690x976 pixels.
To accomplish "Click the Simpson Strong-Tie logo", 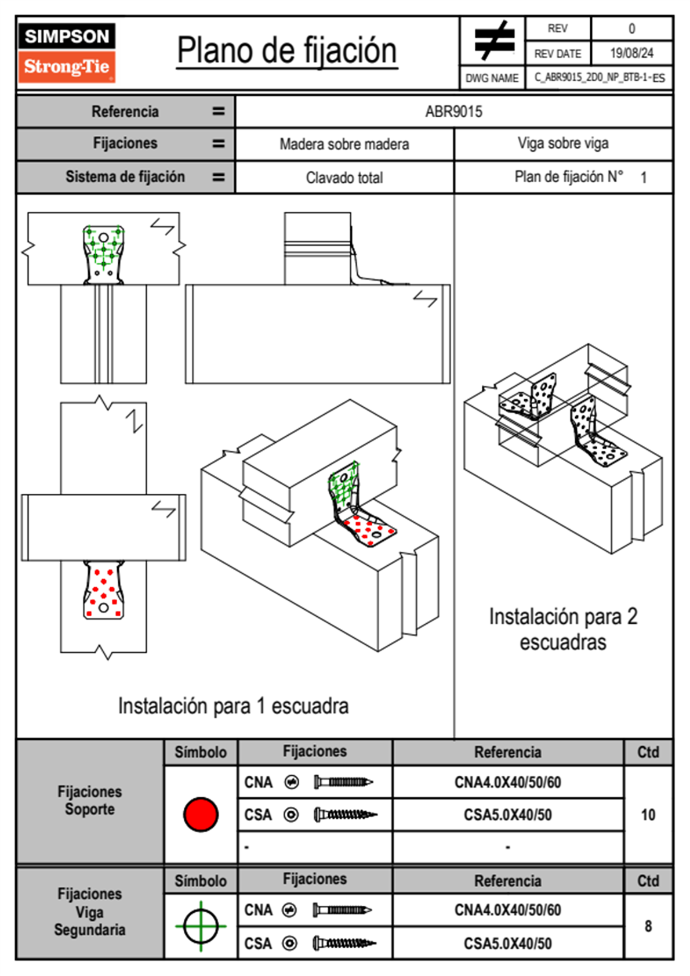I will click(67, 53).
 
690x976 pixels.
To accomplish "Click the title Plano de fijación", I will click(287, 51).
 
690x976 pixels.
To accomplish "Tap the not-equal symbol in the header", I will click(493, 41).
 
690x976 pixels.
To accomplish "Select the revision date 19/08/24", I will click(631, 53).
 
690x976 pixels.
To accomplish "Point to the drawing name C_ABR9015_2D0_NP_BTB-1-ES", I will click(599, 78).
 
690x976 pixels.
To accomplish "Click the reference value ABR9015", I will click(453, 111).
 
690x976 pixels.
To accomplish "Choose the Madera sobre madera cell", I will click(344, 144).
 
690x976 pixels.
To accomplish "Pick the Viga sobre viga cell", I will click(563, 143).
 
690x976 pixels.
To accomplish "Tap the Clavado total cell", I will click(344, 178).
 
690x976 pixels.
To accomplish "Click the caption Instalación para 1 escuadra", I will click(233, 706).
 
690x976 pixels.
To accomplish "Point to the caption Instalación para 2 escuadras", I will click(563, 629).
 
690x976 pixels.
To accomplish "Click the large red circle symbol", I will click(201, 814).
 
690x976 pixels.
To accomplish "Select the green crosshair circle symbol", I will click(201, 926).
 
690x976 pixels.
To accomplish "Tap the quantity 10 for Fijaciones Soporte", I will click(648, 815).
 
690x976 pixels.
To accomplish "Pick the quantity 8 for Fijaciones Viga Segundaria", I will click(648, 926).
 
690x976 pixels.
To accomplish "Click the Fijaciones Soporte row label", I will click(90, 800).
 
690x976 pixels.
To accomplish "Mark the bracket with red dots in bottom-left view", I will click(104, 590).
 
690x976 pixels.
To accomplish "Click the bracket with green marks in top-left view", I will click(104, 254).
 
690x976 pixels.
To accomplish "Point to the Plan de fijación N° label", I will click(568, 177).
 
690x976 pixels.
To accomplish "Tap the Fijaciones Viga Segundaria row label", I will click(90, 912).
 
